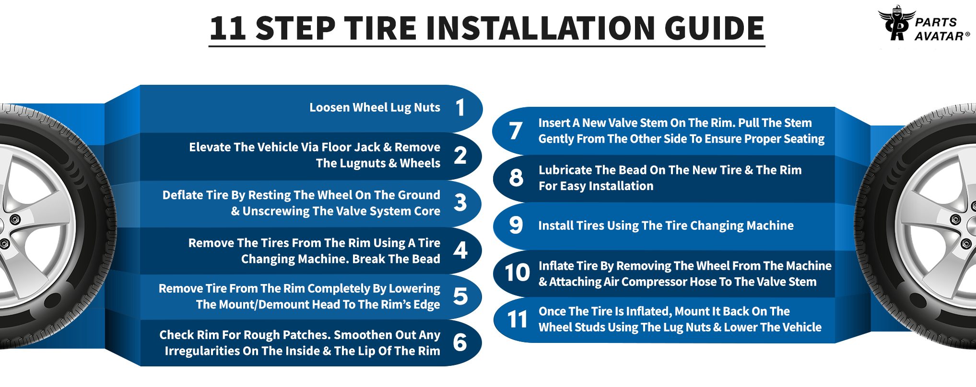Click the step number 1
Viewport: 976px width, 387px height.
coord(460,107)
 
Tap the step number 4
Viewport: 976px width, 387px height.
coord(460,250)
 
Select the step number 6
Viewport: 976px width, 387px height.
coord(460,342)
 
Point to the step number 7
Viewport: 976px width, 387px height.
coord(516,131)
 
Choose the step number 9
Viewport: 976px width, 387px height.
coord(516,225)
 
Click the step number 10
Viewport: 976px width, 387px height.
coord(517,273)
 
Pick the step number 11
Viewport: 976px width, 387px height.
coord(517,319)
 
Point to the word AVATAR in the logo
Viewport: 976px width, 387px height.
coord(939,36)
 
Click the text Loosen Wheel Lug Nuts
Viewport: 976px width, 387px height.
coord(375,107)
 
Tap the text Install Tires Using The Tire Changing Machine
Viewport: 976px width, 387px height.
coord(666,226)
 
